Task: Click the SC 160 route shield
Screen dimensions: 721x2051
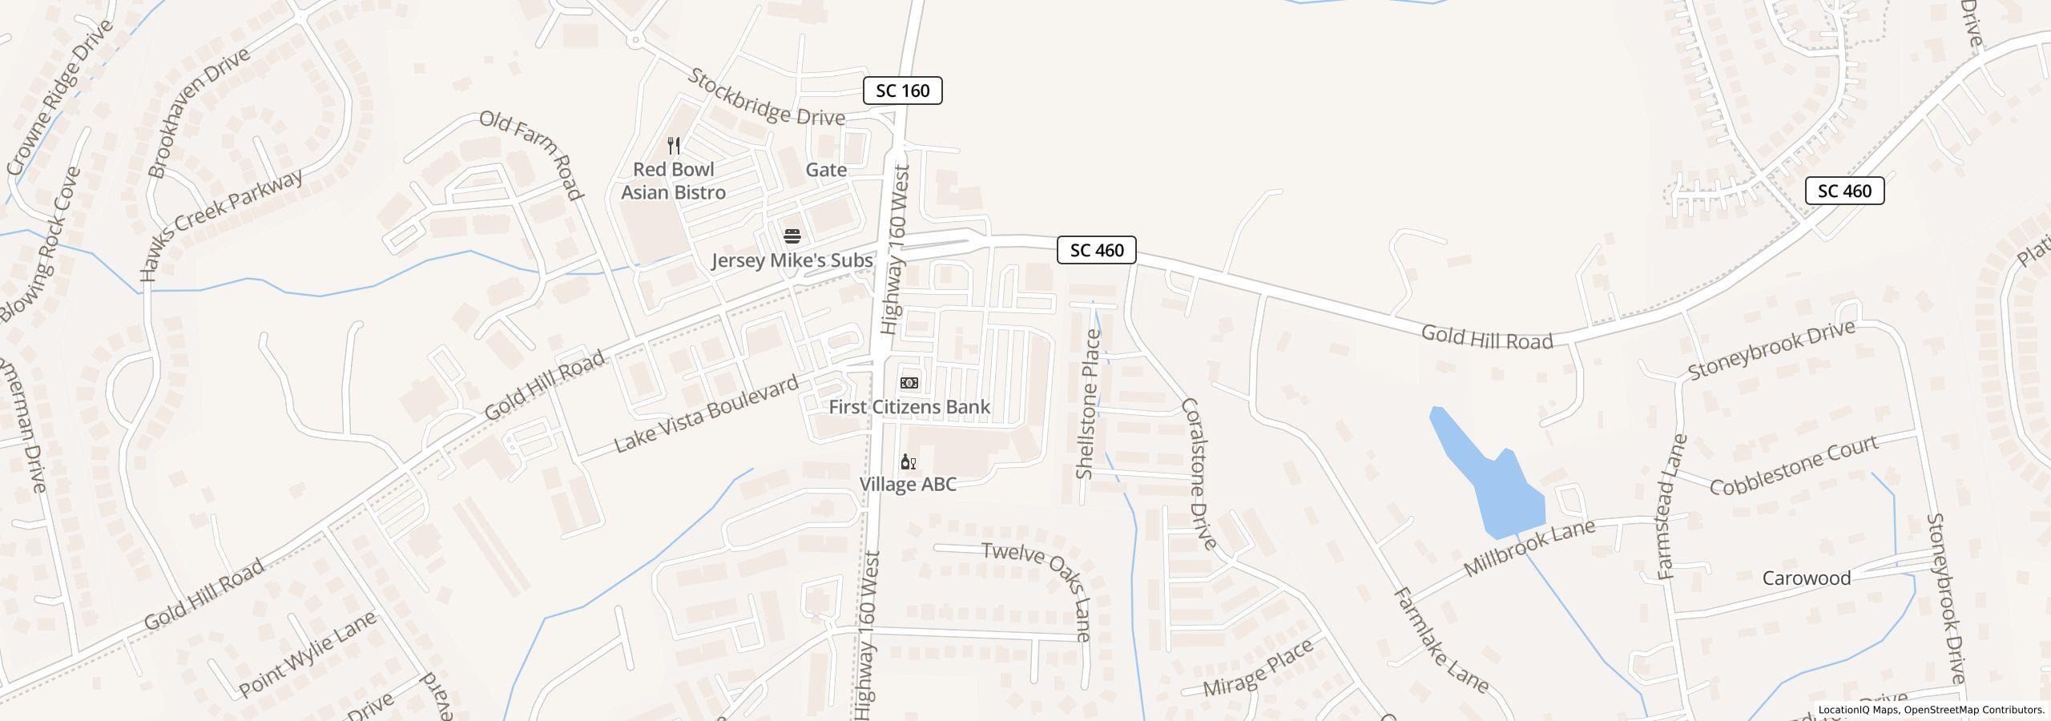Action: (x=902, y=91)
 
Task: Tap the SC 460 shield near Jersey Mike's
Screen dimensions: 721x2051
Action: (x=1096, y=250)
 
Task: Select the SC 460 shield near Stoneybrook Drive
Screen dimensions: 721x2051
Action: (x=1844, y=191)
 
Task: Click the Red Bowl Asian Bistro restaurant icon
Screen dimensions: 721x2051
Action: (x=674, y=146)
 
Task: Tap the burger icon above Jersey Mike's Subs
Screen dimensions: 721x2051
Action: (x=792, y=236)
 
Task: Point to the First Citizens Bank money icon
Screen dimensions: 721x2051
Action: (x=909, y=383)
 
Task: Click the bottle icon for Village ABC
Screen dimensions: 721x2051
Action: (x=908, y=461)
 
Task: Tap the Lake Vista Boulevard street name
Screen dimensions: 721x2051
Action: (x=707, y=413)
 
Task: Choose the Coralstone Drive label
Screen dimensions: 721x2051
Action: (x=1198, y=473)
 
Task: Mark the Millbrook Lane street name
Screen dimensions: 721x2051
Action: (x=1529, y=548)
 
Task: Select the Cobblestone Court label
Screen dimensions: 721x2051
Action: (x=1794, y=465)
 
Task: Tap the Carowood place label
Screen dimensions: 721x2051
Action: (x=1806, y=578)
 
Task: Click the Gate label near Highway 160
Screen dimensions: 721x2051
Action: (x=826, y=170)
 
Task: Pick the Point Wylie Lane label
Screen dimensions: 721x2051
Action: (x=307, y=655)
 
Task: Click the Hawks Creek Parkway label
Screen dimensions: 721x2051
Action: (x=221, y=225)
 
